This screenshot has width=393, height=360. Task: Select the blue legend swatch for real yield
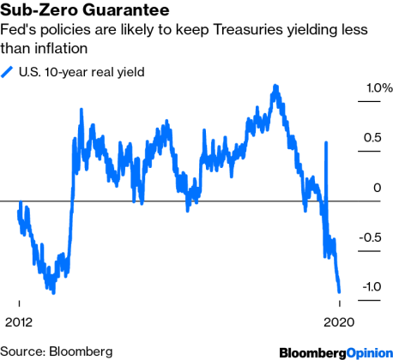point(9,72)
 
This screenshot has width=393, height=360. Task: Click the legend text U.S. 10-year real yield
point(82,72)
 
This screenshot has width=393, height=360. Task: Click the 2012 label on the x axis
point(20,322)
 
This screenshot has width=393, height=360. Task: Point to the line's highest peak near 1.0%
point(275,86)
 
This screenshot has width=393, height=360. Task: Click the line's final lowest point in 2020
point(340,292)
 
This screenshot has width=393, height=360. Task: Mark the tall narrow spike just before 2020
point(325,143)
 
